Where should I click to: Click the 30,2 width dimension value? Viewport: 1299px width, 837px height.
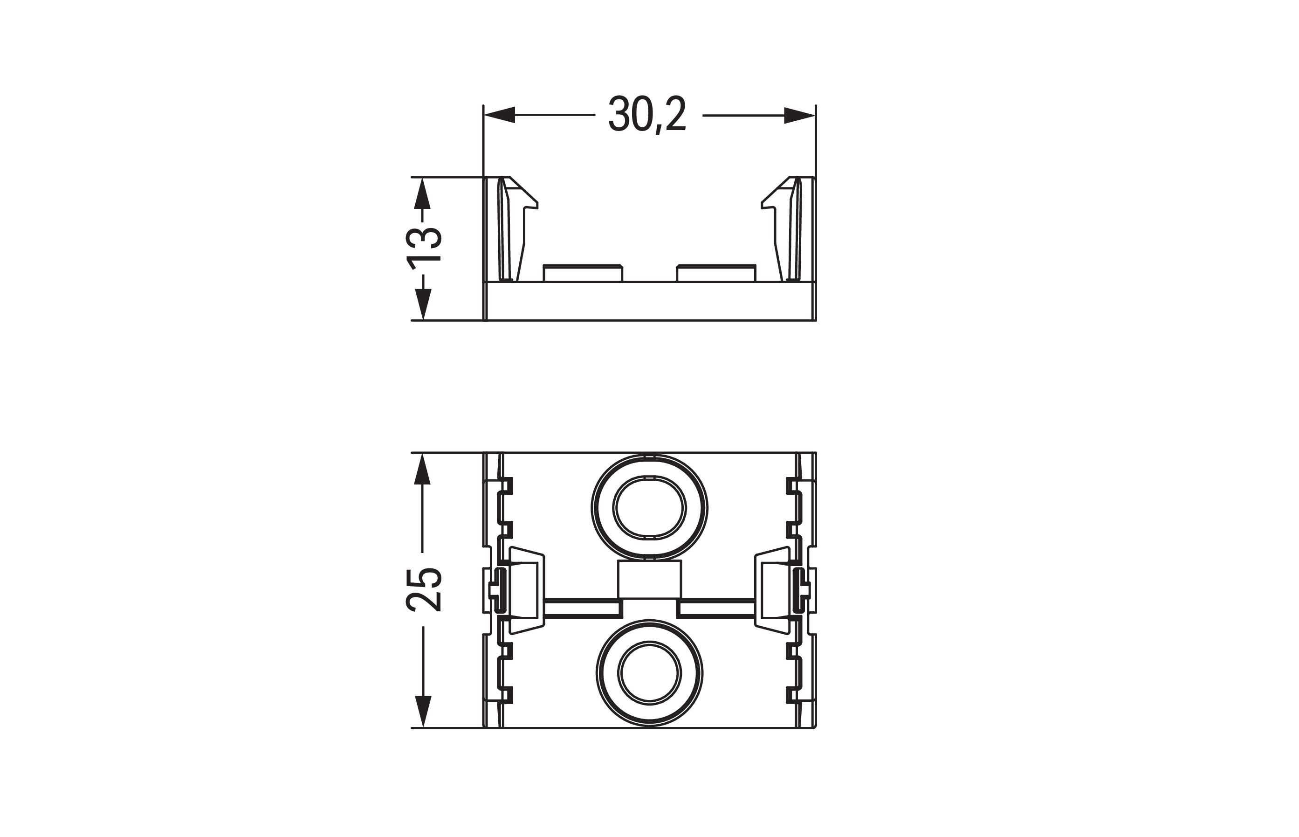click(647, 115)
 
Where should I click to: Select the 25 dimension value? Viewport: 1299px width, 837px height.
click(424, 590)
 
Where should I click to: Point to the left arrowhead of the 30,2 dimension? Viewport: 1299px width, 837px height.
click(499, 115)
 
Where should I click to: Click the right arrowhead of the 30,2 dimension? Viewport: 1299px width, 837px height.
click(800, 115)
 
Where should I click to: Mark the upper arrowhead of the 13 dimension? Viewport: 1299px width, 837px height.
click(422, 194)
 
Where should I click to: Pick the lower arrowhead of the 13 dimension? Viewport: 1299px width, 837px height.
click(422, 304)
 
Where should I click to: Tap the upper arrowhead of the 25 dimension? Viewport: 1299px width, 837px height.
click(422, 469)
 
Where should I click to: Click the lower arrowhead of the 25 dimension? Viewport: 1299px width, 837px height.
click(422, 712)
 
